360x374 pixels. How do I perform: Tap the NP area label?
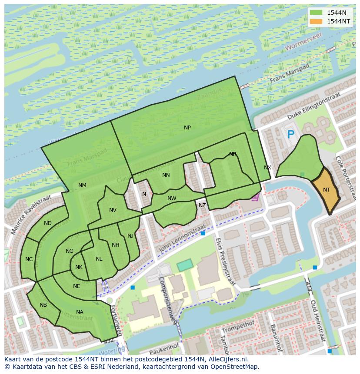point(187,128)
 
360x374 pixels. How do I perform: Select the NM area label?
point(82,185)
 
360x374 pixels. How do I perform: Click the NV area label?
point(113,210)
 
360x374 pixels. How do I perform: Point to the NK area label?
point(79,267)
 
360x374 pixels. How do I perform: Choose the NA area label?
point(80,312)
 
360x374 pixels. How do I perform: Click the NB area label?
point(43,305)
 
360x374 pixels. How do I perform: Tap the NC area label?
point(29,259)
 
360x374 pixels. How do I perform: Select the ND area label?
point(48,223)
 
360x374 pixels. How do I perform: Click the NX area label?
point(267,168)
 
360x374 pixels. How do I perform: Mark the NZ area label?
point(202,205)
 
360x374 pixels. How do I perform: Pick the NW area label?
point(172,199)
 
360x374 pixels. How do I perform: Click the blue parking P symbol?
point(291,136)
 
